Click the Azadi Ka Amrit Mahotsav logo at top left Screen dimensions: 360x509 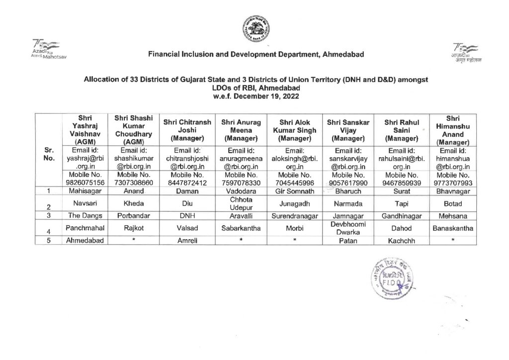tap(47, 49)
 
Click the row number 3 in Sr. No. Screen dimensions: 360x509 tap(49, 216)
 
